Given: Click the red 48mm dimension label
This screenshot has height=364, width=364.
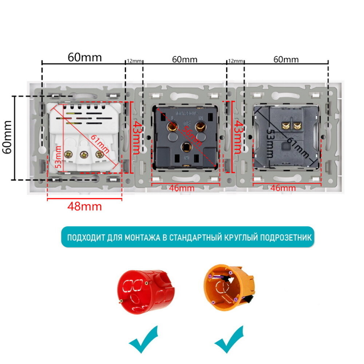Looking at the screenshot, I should click(84, 207).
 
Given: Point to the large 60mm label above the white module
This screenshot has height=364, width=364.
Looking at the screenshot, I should click(85, 57).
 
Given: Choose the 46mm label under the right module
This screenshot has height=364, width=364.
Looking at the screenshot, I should click(284, 188).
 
